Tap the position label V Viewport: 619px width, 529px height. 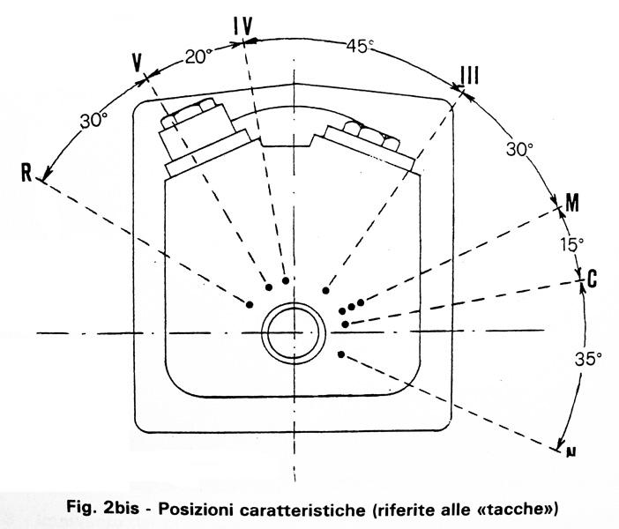click(x=137, y=63)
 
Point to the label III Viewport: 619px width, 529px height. click(x=470, y=76)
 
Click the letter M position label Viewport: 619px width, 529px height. click(x=571, y=205)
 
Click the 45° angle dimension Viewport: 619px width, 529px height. click(x=359, y=45)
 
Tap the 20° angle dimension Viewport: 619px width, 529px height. click(x=199, y=56)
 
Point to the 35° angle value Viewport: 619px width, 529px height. click(x=589, y=359)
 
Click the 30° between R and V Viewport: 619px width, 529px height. click(x=93, y=122)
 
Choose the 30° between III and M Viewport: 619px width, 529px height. click(x=518, y=150)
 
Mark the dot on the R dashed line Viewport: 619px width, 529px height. click(x=250, y=304)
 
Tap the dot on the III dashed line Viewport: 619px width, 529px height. click(x=326, y=290)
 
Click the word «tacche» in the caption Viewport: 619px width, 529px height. click(x=526, y=509)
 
